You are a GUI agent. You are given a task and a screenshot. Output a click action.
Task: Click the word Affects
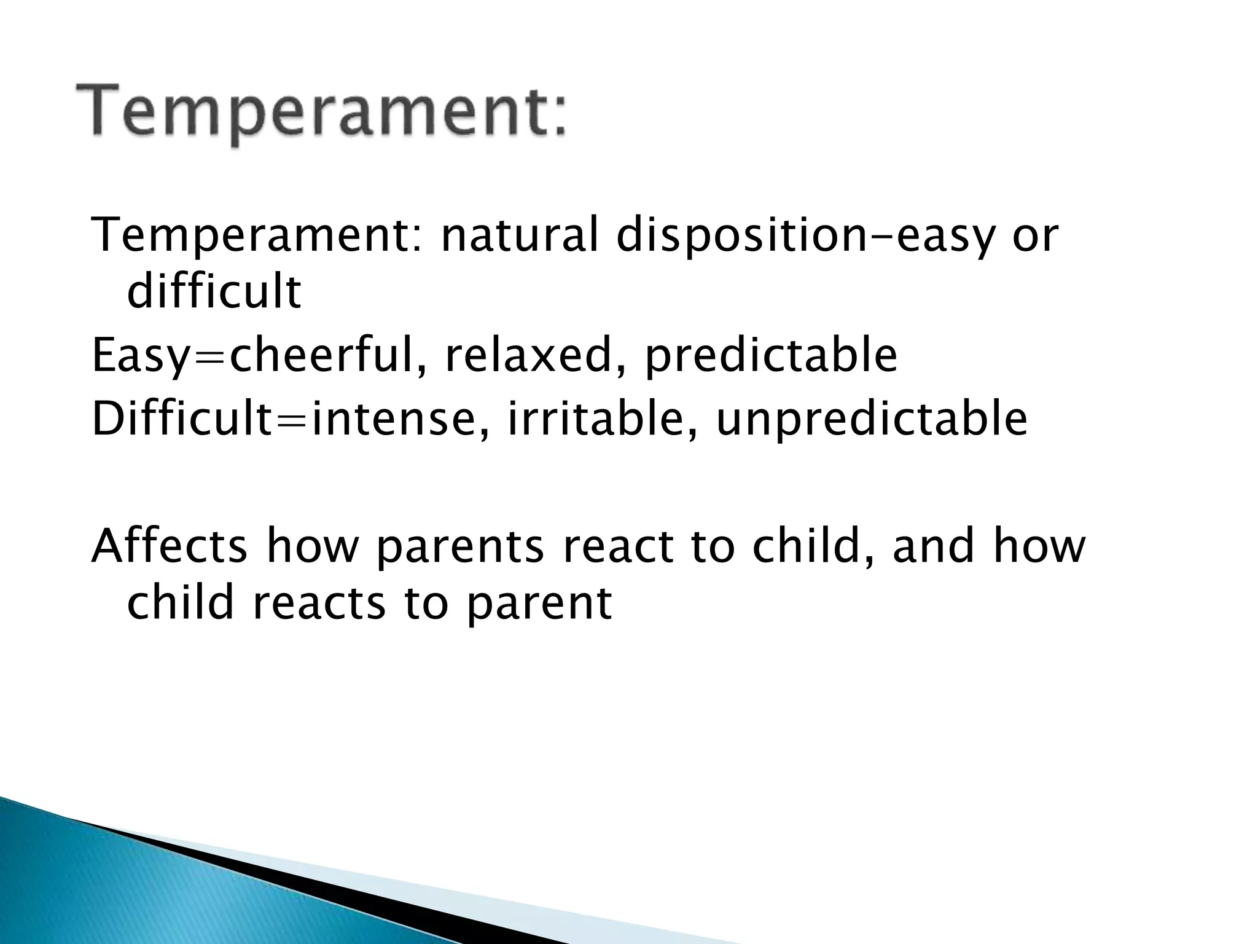click(170, 546)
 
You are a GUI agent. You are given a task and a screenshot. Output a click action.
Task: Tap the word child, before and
click(814, 546)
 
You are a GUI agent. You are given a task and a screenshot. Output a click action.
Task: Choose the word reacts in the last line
click(319, 603)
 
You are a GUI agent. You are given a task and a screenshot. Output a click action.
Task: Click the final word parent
click(539, 603)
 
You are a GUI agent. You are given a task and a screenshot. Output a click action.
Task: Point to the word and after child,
click(934, 546)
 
